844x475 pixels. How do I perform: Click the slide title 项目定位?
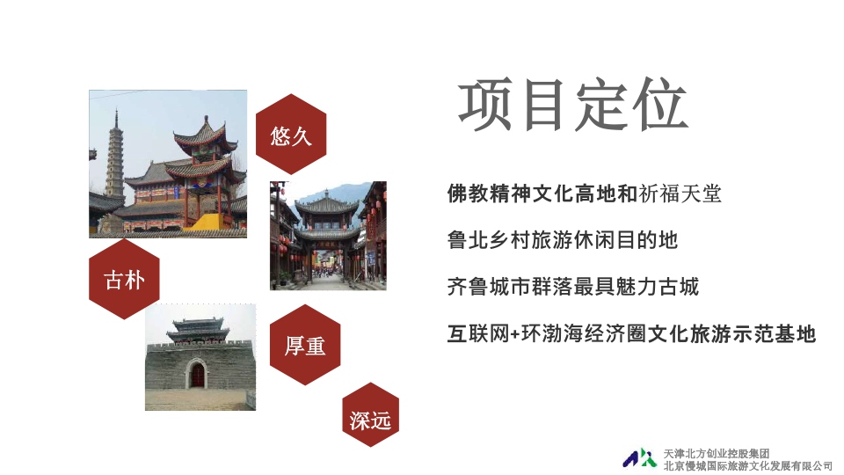[x=572, y=105]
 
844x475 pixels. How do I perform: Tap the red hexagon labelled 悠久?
[x=291, y=134]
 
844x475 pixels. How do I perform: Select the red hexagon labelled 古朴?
[x=124, y=279]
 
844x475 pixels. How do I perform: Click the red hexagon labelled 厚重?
[x=305, y=345]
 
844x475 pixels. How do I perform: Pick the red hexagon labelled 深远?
[x=370, y=414]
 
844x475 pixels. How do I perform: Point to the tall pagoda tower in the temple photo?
[x=114, y=157]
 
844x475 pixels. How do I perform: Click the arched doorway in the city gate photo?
[x=197, y=374]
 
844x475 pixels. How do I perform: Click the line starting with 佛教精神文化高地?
[x=584, y=194]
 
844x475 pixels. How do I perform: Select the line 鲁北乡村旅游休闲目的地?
[x=562, y=239]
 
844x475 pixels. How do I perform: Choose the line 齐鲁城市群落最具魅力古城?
[x=572, y=286]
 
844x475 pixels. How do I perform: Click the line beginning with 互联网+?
[x=631, y=333]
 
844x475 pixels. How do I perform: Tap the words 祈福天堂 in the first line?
[x=680, y=194]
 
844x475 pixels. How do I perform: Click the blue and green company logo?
[x=639, y=458]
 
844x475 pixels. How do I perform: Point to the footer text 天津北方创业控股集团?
[x=716, y=454]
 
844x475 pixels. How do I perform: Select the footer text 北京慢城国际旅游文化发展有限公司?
[x=747, y=466]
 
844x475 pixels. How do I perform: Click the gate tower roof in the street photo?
[x=327, y=205]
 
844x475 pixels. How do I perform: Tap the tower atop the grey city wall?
[x=198, y=330]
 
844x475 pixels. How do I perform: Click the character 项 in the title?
[x=484, y=105]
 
